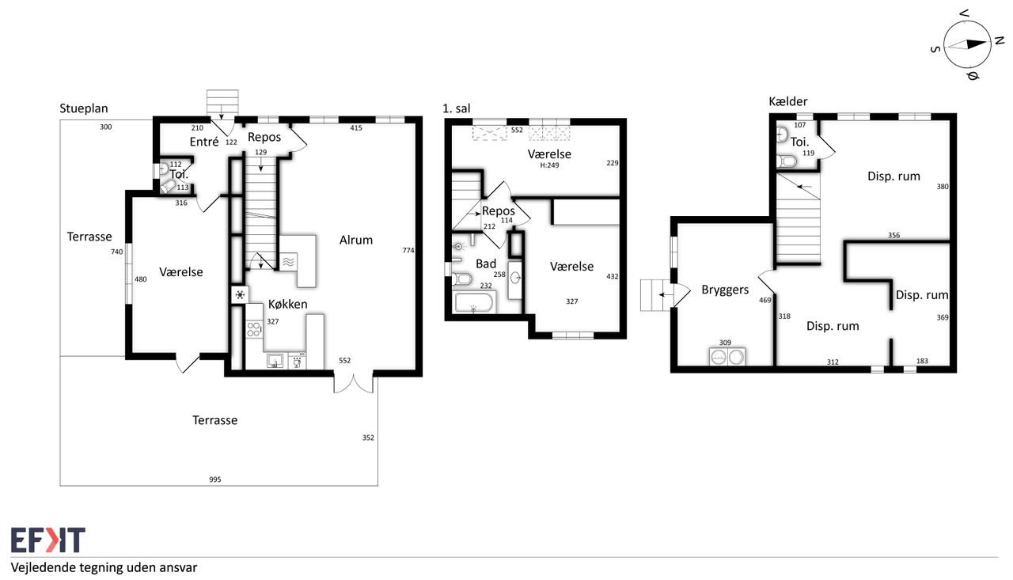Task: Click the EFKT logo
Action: tap(48, 540)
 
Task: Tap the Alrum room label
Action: tap(356, 240)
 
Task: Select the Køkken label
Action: tap(287, 304)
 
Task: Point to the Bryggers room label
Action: tap(725, 290)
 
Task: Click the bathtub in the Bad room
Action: tap(473, 302)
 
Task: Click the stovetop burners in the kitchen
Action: tap(254, 329)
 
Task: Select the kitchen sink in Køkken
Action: tap(275, 361)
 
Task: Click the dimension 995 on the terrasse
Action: tap(215, 480)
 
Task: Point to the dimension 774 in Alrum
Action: tap(408, 250)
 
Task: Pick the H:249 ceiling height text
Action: tap(549, 165)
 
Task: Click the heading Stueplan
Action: tap(84, 108)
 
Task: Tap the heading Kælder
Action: tap(787, 101)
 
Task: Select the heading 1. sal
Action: tap(457, 108)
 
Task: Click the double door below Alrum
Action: tap(354, 382)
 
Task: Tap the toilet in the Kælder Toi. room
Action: tap(787, 161)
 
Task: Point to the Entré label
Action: tap(204, 142)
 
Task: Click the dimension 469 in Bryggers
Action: tap(764, 300)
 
